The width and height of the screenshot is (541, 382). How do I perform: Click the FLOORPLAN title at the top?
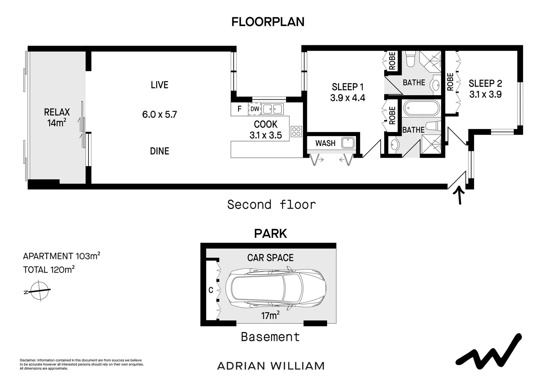(x=268, y=22)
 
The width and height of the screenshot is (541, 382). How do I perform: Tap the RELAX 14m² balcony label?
(x=57, y=117)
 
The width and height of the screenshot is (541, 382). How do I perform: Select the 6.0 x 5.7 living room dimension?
(x=159, y=114)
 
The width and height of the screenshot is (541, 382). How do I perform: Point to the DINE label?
(x=159, y=151)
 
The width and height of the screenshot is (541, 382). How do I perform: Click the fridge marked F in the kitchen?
(x=239, y=109)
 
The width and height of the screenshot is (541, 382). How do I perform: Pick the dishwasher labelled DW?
(x=255, y=109)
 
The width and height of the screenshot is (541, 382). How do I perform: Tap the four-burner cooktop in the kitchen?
(x=296, y=132)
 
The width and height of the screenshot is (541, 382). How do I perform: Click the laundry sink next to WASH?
(x=348, y=143)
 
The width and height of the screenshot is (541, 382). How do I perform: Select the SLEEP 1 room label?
(x=348, y=87)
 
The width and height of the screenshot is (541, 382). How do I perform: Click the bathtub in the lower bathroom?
(x=422, y=109)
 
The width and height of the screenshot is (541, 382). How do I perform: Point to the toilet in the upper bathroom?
(x=410, y=59)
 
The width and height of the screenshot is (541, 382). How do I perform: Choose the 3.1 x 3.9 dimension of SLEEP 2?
(x=485, y=94)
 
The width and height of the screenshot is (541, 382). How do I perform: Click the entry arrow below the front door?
(x=459, y=196)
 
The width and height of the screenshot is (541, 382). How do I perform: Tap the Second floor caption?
(x=272, y=205)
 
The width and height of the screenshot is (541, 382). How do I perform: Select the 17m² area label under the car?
(x=270, y=316)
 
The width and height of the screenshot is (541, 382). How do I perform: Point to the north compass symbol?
(x=39, y=291)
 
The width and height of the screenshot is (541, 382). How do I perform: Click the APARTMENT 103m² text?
(x=61, y=256)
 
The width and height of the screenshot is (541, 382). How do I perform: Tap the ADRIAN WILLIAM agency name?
(x=271, y=366)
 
